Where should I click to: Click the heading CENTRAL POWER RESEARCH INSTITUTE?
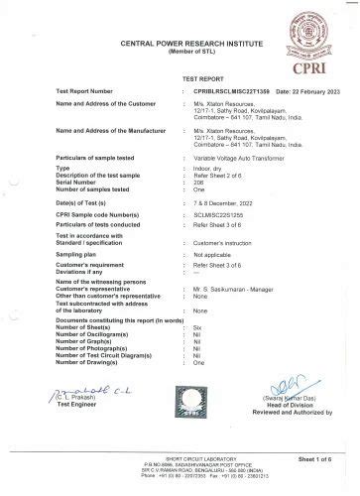pos(180,45)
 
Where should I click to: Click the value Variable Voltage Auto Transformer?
pos(239,158)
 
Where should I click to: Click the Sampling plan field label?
pos(85,255)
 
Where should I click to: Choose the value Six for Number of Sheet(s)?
pos(197,326)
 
